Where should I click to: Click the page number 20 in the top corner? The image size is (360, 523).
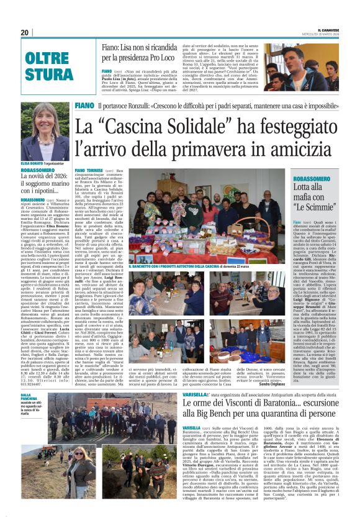[25, 32]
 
